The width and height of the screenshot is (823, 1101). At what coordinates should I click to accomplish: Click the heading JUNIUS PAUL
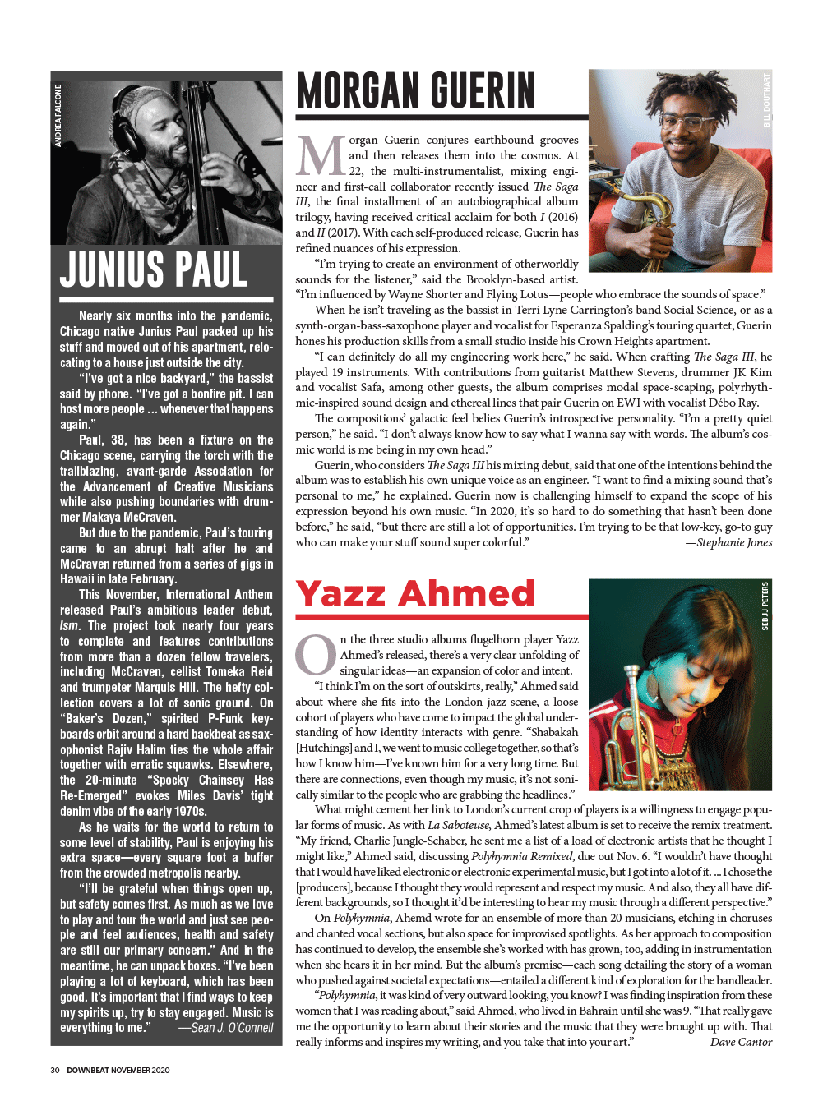pyautogui.click(x=154, y=269)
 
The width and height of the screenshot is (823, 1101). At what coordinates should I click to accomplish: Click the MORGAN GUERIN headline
pyautogui.click(x=415, y=90)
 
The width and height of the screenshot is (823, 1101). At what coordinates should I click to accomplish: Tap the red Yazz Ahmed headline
pyautogui.click(x=415, y=594)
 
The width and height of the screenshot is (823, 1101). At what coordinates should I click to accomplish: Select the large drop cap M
pyautogui.click(x=321, y=156)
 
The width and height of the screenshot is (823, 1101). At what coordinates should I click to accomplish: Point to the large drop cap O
pyautogui.click(x=316, y=655)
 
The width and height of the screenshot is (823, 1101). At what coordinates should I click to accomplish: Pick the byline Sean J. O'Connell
pyautogui.click(x=225, y=1028)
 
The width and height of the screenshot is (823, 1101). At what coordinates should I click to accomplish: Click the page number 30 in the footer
pyautogui.click(x=55, y=1070)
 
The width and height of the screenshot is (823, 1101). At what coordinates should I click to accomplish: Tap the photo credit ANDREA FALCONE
pyautogui.click(x=58, y=116)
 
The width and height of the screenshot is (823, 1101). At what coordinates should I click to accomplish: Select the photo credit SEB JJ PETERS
pyautogui.click(x=765, y=606)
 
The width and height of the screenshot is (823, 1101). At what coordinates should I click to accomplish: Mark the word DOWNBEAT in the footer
pyautogui.click(x=87, y=1070)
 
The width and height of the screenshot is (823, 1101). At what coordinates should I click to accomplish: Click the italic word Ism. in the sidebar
pyautogui.click(x=69, y=625)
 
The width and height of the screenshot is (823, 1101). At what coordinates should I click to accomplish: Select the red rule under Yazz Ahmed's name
pyautogui.click(x=442, y=616)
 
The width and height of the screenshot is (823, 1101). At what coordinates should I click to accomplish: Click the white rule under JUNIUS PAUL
pyautogui.click(x=166, y=298)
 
